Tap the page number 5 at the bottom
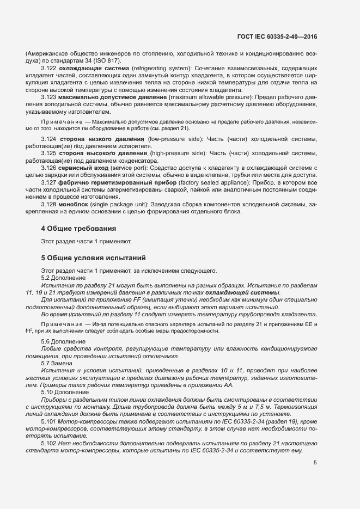click(315, 462)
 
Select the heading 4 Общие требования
click(78, 228)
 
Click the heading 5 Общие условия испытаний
click(93, 257)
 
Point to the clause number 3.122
click(50, 68)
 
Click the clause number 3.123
click(50, 96)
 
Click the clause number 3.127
click(50, 183)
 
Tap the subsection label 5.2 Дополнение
click(60, 278)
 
